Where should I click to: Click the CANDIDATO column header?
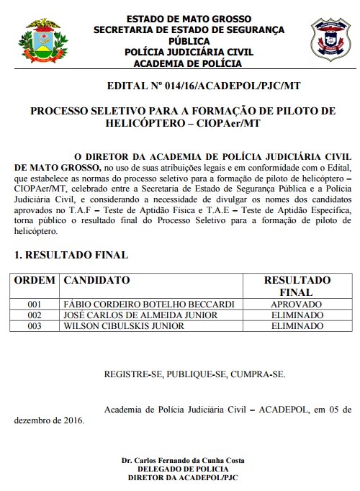[x=96, y=280]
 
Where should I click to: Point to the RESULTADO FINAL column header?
[x=297, y=286]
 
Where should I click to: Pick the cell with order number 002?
[x=35, y=315]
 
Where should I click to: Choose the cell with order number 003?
[x=35, y=326]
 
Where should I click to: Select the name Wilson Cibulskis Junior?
[x=124, y=326]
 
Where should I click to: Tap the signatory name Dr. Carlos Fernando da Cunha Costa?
[x=183, y=460]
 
